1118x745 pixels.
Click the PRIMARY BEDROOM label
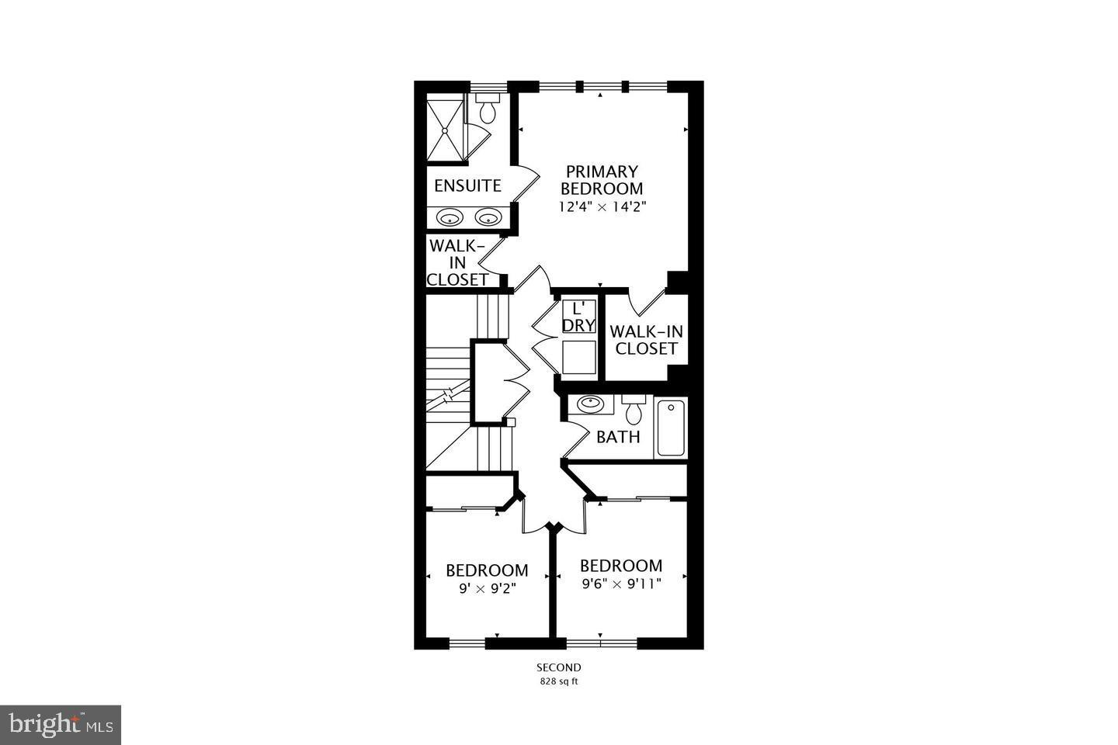tap(602, 179)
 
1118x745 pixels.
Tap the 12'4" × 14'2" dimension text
tap(602, 207)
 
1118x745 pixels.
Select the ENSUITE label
tap(467, 186)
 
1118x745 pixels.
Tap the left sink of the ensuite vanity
tap(450, 217)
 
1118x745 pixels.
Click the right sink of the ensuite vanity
tap(488, 217)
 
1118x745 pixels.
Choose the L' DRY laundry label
tap(578, 316)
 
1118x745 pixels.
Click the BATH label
tap(618, 437)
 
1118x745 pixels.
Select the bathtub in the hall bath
tap(671, 427)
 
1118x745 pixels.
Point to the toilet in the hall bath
tap(634, 409)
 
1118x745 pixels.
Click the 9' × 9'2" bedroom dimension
tap(487, 588)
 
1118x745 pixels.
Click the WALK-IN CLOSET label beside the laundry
tap(647, 340)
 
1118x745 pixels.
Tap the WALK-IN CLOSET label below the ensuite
tap(458, 262)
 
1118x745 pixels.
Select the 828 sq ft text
tap(559, 682)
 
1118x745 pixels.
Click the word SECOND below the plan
tap(559, 667)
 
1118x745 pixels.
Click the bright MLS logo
tap(60, 725)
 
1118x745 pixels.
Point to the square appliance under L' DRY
tap(578, 358)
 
